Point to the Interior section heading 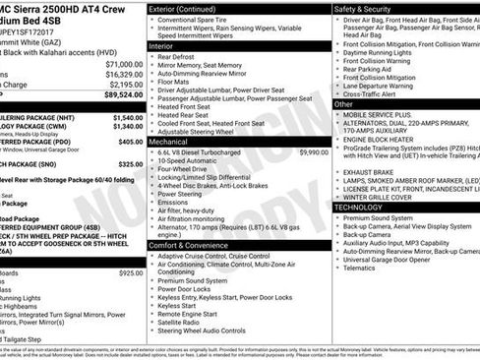pos(161,46)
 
